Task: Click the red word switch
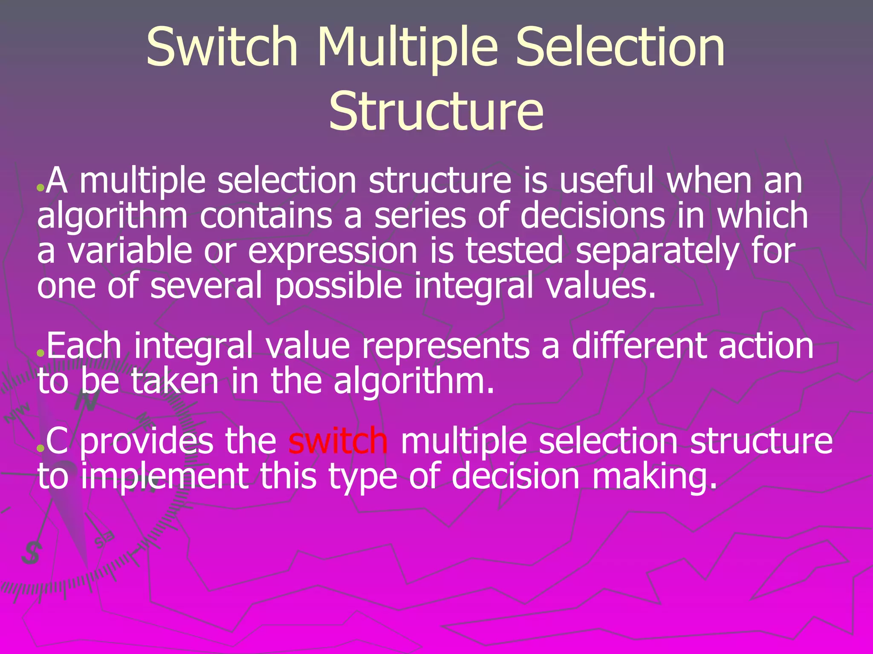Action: point(338,441)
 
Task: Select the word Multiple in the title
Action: point(407,48)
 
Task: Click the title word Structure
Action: point(436,112)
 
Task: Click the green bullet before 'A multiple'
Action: point(40,187)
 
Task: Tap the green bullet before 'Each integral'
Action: point(40,353)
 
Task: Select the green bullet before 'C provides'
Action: point(40,448)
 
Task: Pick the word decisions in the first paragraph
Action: point(592,215)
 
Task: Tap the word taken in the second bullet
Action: point(175,381)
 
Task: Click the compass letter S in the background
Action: point(31,554)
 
